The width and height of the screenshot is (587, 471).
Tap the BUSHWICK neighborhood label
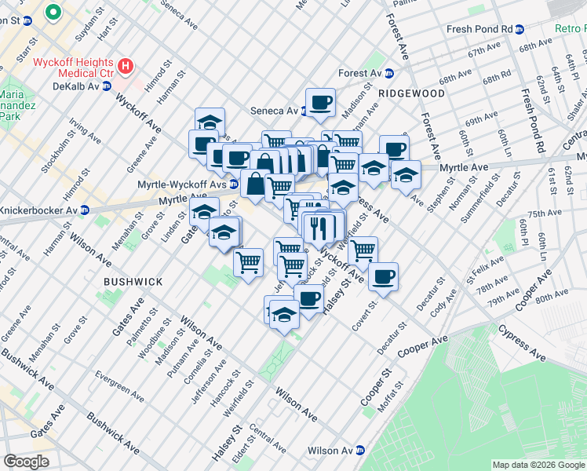tap(133, 281)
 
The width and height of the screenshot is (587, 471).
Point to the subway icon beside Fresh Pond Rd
tap(519, 29)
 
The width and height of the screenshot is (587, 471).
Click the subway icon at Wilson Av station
tap(360, 451)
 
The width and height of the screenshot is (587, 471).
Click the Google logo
tap(26, 461)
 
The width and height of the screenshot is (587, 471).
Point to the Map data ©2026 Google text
tap(538, 465)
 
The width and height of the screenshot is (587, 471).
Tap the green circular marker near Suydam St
tap(53, 12)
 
